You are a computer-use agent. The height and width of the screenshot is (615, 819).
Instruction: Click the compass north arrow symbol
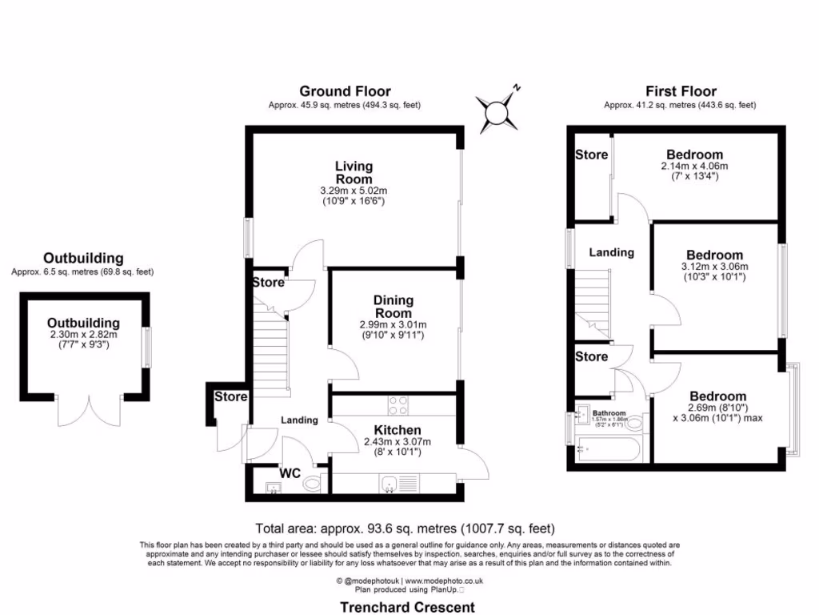pos(498,110)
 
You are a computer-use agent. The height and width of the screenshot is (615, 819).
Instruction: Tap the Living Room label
pos(354,172)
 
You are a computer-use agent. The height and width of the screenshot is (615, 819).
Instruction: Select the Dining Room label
pos(393,307)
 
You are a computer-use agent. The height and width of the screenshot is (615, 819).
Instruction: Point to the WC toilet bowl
pos(313,484)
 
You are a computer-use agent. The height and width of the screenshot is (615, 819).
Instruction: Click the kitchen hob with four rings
pos(398,404)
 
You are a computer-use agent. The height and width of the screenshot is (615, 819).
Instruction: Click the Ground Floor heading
pos(345,91)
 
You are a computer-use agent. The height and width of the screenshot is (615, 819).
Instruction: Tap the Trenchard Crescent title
pos(408,607)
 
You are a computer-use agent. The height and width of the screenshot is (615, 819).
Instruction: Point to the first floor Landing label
pos(612,252)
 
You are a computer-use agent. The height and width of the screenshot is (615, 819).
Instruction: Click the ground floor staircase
pos(270,348)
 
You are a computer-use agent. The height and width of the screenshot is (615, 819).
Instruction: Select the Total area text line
pos(405,529)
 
